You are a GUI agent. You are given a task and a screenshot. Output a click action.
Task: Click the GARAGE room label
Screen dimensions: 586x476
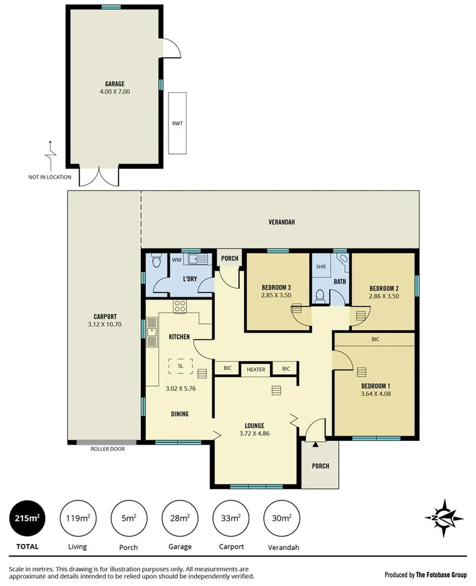pos(114,84)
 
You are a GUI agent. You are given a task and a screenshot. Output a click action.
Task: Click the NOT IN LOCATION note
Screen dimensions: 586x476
pos(49,177)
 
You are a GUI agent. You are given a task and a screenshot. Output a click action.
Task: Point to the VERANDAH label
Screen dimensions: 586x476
pos(282,222)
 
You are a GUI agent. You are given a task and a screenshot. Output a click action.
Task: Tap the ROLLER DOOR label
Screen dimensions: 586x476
pos(108,448)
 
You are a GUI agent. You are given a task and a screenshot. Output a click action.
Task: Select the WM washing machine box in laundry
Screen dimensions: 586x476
pos(176,259)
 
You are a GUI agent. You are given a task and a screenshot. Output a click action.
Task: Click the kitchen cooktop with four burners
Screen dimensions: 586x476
pos(179,306)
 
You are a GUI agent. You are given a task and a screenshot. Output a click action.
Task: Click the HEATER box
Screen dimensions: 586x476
pos(256,369)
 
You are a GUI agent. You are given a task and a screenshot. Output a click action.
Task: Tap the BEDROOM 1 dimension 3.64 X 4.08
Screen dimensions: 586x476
pos(376,394)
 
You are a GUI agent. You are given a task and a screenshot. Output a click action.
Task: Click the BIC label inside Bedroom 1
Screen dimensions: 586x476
pos(375,339)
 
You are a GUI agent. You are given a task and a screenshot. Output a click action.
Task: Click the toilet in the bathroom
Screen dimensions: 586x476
pos(320,295)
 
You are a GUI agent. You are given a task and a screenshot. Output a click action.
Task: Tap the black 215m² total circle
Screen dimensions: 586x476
pos(26,517)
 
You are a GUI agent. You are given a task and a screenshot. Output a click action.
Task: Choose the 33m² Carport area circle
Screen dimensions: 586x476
pos(232,517)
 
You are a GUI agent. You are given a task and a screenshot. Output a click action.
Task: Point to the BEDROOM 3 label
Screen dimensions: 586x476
pos(276,286)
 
